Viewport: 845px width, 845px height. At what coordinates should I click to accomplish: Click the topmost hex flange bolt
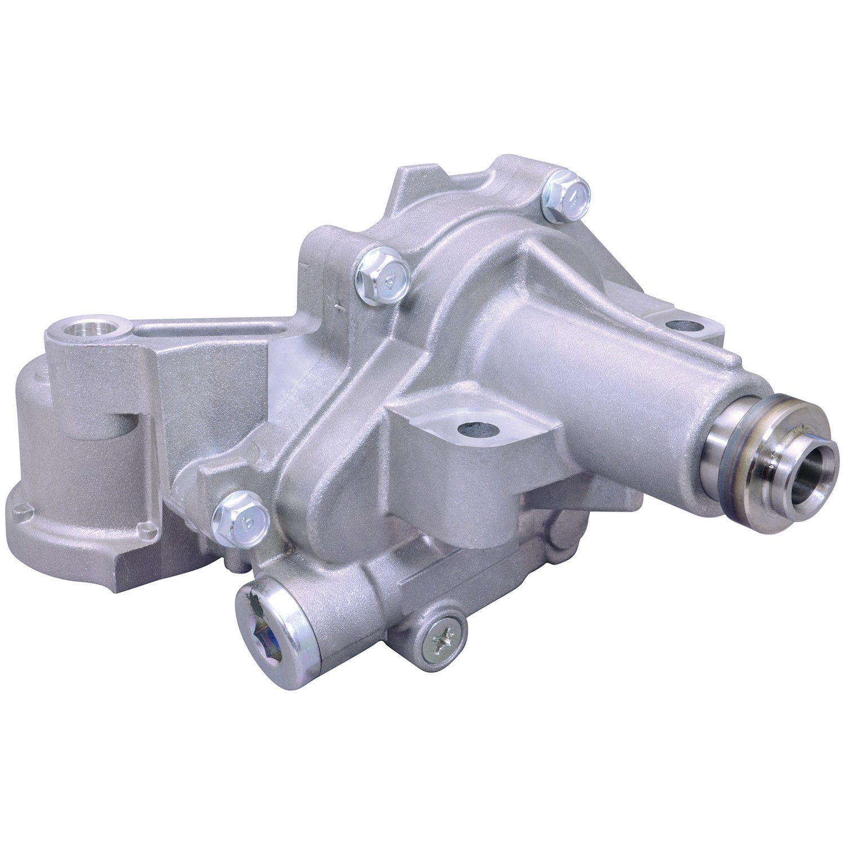[566, 195]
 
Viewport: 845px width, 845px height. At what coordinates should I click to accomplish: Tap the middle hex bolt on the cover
[383, 275]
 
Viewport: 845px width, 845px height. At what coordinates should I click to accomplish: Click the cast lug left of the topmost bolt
[507, 169]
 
